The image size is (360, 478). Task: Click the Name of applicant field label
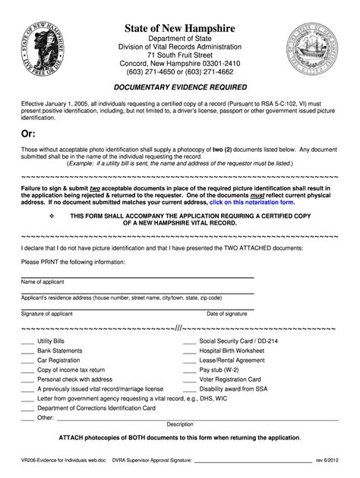(x=43, y=281)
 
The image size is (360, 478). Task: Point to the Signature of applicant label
(x=49, y=313)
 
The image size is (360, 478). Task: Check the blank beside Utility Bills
(x=27, y=342)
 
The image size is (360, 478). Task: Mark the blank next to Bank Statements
(x=27, y=351)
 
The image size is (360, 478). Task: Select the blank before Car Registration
(x=27, y=360)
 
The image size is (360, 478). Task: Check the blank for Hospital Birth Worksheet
(x=189, y=351)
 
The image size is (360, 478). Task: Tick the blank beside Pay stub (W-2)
(x=189, y=370)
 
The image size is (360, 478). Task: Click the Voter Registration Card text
(x=230, y=379)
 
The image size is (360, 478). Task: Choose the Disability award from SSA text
(x=235, y=388)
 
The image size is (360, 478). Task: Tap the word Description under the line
(x=180, y=424)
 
